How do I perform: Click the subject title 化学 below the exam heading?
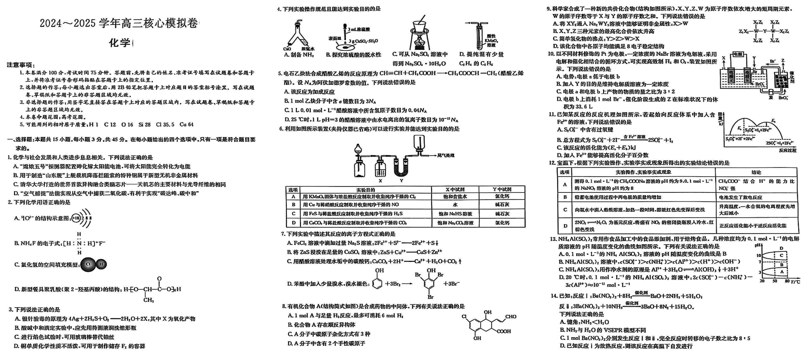[x=119, y=43]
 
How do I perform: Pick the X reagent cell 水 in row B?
[x=455, y=205]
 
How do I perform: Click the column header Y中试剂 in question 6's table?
[x=502, y=189]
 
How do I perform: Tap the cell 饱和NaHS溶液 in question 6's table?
[x=455, y=214]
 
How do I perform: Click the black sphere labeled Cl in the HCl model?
[x=88, y=264]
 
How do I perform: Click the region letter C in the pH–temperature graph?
[x=781, y=255]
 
